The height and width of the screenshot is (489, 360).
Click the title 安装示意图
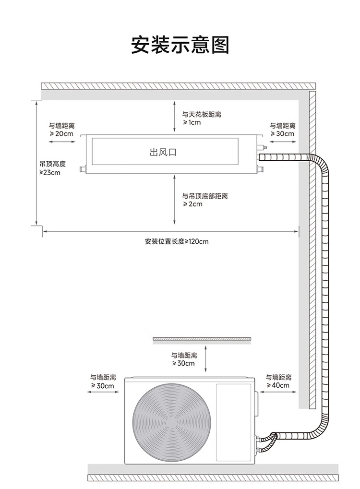180,45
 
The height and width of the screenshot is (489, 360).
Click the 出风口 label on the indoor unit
163,153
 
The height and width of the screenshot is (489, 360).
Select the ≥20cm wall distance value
61,134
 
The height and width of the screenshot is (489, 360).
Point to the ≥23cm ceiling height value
50,173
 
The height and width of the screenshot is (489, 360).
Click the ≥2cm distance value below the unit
192,204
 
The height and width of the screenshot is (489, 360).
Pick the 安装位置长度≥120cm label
176,241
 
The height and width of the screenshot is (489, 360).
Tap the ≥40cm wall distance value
278,385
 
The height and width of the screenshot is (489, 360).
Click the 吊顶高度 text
52,164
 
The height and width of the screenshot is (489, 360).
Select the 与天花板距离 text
201,115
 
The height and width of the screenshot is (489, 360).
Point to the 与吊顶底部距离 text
204,196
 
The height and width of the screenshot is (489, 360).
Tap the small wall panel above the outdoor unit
202,340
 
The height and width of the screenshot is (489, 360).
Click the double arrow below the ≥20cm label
61,143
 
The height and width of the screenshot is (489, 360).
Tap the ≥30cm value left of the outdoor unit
102,386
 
